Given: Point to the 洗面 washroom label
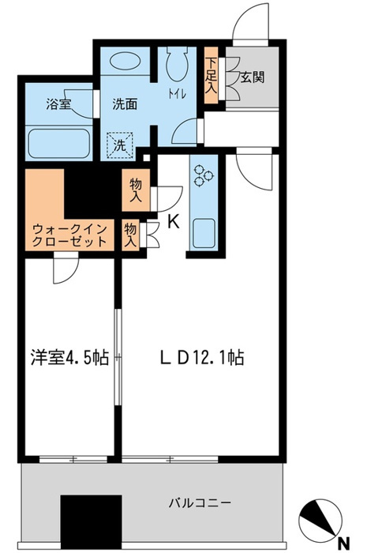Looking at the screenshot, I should coord(125,103).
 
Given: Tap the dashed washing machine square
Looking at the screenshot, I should coord(120,144).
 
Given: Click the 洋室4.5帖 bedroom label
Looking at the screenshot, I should coord(69,358).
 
